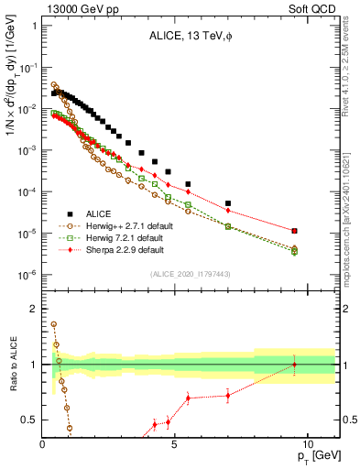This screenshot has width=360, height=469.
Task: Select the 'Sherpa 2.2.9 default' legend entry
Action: pyautogui.click(x=132, y=249)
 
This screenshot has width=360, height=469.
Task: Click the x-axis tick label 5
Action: pyautogui.click(x=175, y=442)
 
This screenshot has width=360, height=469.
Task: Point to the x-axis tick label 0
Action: pyautogui.click(x=43, y=442)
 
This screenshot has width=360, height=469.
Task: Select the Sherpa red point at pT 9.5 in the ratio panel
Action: pyautogui.click(x=294, y=365)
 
